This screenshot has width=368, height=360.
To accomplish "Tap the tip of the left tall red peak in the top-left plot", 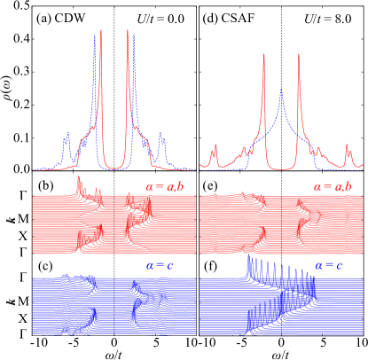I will click(101, 31).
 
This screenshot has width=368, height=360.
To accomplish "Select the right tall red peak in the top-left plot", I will click(129, 31).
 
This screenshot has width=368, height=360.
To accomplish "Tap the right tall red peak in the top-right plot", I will click(299, 55).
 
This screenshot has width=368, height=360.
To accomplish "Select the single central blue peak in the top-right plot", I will click(281, 89).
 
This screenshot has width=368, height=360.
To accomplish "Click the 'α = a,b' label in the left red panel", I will click(165, 187).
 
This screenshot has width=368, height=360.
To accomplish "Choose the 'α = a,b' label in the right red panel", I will click(333, 187).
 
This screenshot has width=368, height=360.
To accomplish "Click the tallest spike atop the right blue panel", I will click(249, 259).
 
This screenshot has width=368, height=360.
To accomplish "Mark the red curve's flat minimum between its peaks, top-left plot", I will click(115, 168).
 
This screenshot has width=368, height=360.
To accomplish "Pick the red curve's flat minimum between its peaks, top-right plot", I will click(281, 168).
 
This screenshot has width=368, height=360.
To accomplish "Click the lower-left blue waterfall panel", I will click(114, 306).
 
